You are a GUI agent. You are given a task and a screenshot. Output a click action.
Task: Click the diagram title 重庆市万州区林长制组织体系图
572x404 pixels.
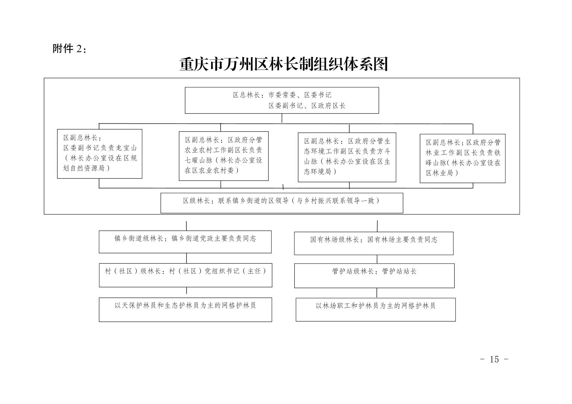(x=283, y=65)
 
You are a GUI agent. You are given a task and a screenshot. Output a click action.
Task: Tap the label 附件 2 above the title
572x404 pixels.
(x=69, y=49)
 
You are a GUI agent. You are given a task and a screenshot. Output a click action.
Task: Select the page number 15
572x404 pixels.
(x=494, y=359)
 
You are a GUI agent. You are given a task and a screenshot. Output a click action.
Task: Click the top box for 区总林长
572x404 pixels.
(x=281, y=100)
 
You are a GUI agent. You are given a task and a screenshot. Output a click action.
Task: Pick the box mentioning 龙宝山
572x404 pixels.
(x=99, y=153)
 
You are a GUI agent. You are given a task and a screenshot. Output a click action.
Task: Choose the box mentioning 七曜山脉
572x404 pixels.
(x=224, y=155)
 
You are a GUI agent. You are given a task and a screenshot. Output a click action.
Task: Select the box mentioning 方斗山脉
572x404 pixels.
(x=347, y=157)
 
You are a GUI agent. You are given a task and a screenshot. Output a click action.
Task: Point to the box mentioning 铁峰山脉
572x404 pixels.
(x=462, y=158)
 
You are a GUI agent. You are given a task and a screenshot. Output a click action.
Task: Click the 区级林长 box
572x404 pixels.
(x=281, y=203)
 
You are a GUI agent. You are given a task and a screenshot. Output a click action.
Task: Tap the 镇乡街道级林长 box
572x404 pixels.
(x=185, y=241)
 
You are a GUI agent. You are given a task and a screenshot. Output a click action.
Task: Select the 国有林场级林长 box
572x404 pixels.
(x=374, y=243)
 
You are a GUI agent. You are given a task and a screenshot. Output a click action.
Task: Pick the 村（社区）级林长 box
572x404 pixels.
(x=186, y=275)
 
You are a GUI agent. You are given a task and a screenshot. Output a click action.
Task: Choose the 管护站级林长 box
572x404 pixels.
(x=374, y=275)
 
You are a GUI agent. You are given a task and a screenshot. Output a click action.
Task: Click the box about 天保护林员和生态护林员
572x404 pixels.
(x=185, y=310)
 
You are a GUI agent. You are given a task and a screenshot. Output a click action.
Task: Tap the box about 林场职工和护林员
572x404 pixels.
(x=376, y=310)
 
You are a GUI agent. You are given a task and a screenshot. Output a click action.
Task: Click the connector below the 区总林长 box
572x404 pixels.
(x=282, y=118)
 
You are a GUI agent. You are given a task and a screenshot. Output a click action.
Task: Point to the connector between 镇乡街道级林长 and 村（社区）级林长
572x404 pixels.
(x=187, y=258)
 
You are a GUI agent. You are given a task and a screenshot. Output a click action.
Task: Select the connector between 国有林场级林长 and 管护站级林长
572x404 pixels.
(x=377, y=259)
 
